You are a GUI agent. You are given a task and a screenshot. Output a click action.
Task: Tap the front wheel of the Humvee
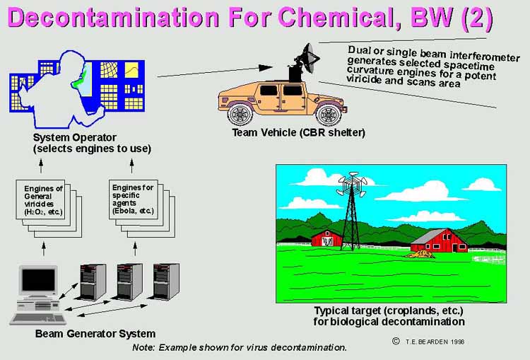tap(328, 115)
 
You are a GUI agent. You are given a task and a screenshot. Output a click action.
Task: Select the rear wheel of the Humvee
tap(240, 114)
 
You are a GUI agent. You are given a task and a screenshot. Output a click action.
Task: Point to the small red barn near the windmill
tap(326, 238)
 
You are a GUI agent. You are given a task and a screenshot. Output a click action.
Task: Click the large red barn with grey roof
tap(440, 240)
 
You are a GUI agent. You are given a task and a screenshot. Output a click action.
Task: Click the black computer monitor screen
tap(38, 280)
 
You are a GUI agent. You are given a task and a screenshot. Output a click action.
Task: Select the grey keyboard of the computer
tap(38, 319)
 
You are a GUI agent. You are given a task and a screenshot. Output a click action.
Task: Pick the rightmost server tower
tap(166, 281)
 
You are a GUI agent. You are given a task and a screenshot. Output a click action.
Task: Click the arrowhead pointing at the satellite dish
tap(266, 68)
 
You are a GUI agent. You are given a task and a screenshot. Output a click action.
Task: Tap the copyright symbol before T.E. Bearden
tap(396, 341)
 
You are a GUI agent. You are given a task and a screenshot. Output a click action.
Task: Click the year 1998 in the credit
tap(457, 342)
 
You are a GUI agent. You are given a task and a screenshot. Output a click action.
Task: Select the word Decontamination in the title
tap(113, 18)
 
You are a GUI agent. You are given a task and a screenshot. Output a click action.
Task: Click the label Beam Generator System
tap(95, 334)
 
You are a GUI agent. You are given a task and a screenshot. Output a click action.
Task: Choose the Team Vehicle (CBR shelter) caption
tap(298, 132)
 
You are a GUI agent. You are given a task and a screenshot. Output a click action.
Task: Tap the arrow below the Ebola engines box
tap(135, 249)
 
